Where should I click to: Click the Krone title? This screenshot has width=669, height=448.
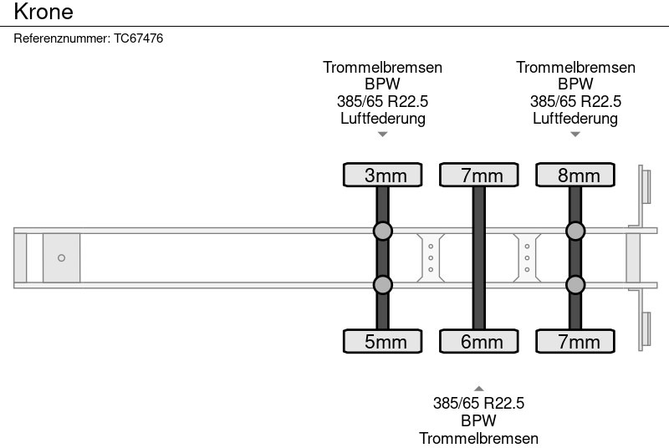43,12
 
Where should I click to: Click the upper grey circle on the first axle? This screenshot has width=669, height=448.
382,231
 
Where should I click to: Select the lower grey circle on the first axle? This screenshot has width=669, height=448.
382,285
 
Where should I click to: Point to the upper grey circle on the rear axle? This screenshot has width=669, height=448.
575,231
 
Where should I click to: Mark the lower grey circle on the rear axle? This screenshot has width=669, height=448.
575,285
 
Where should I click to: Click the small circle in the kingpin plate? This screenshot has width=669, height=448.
61,258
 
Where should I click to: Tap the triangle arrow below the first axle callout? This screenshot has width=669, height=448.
382,135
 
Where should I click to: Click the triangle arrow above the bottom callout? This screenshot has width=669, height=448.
478,388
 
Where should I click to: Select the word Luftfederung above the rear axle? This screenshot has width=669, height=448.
575,119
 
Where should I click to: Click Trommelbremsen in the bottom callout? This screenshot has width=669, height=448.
478,438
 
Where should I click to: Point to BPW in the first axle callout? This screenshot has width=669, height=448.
382,84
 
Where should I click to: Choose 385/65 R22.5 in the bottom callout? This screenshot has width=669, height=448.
478,404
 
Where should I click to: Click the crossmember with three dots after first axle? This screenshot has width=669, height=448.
430,257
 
